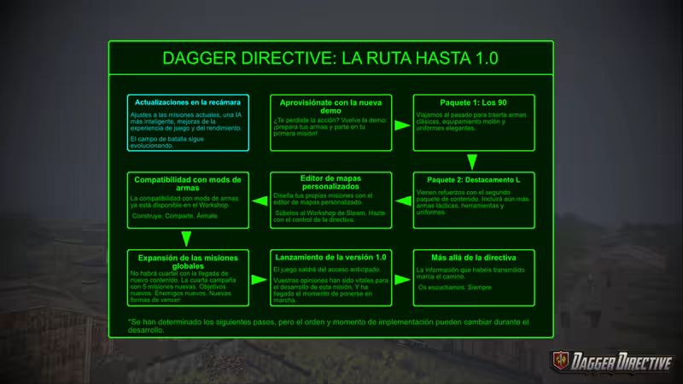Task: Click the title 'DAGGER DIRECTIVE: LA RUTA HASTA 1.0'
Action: pyautogui.click(x=330, y=58)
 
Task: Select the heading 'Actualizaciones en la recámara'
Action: pyautogui.click(x=188, y=102)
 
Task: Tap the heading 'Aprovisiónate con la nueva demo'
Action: pyautogui.click(x=330, y=106)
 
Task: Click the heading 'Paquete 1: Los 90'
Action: pyautogui.click(x=472, y=102)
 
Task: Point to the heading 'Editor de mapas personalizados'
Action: pyautogui.click(x=330, y=183)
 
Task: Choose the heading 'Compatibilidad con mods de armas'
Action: pyautogui.click(x=188, y=183)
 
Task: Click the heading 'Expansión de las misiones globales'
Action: pyautogui.click(x=188, y=260)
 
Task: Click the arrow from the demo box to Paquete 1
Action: pyautogui.click(x=402, y=125)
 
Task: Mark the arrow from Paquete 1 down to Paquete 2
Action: pyautogui.click(x=472, y=161)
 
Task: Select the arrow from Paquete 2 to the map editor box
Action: pyautogui.click(x=402, y=201)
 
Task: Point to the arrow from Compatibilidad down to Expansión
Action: pyautogui.click(x=187, y=239)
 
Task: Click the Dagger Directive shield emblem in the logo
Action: pyautogui.click(x=562, y=360)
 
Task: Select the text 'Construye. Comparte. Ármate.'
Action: pyautogui.click(x=174, y=216)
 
